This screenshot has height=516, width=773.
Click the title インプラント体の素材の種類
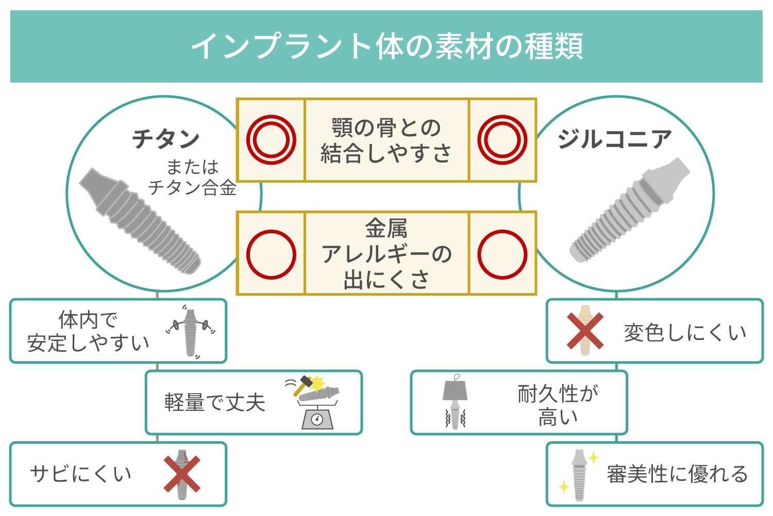[x=386, y=46]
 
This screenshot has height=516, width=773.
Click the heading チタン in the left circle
[x=165, y=138]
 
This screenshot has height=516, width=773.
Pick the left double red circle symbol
[x=271, y=140]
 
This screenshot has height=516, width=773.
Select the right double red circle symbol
[x=502, y=140]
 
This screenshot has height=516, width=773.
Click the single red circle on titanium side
[x=271, y=254]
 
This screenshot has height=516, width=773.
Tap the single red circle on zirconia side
[x=502, y=254]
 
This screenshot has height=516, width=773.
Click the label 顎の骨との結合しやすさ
[x=386, y=140]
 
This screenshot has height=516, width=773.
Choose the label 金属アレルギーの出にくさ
[x=386, y=254]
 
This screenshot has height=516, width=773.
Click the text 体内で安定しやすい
[x=88, y=331]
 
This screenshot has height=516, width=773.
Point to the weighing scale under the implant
[x=317, y=417]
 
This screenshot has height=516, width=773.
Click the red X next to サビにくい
[x=182, y=474]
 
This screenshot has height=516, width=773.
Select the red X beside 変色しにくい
[x=585, y=331]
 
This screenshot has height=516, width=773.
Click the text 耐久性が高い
[x=558, y=405]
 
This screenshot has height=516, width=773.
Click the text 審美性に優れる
[x=677, y=474]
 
